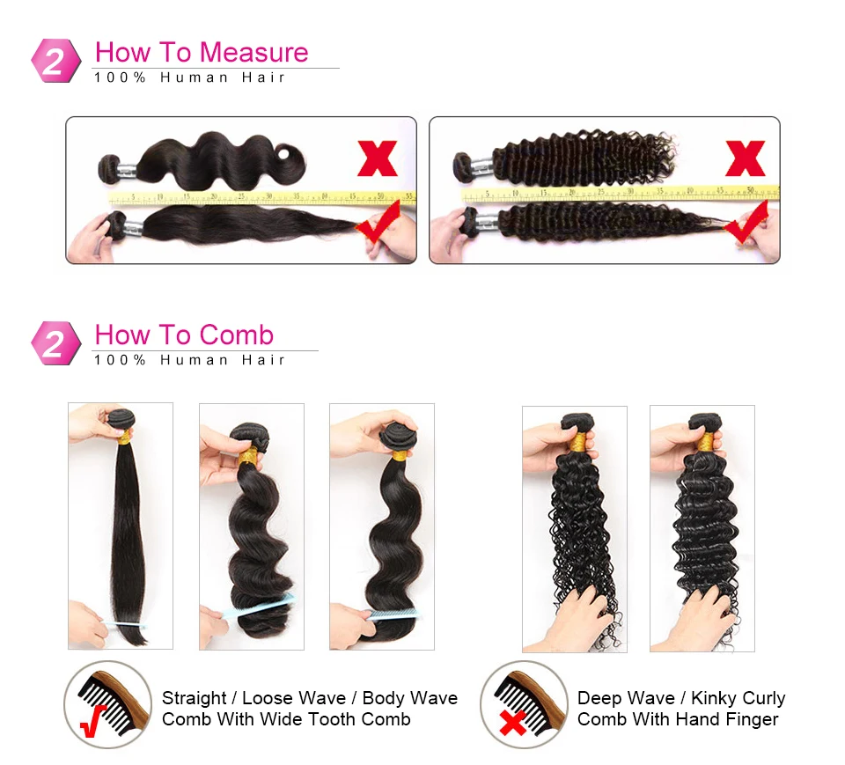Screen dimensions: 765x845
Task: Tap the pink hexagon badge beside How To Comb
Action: (55, 342)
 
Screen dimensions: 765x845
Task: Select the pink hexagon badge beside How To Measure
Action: (55, 60)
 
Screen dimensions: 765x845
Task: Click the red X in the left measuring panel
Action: (377, 158)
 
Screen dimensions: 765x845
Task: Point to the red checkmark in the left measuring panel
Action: (378, 223)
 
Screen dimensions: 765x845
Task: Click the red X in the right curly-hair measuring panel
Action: (745, 158)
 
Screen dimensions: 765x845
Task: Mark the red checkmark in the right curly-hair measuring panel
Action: (746, 223)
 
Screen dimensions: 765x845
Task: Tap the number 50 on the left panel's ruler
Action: (380, 195)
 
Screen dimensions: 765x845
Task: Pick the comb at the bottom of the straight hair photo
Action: (122, 623)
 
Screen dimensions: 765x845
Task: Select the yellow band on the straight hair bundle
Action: (123, 437)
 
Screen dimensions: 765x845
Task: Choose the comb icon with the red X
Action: (516, 705)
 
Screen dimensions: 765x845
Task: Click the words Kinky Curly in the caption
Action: (738, 698)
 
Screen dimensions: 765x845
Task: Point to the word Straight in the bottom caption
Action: (194, 698)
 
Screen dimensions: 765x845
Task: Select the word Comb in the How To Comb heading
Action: (236, 335)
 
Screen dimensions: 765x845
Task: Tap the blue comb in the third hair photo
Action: (393, 614)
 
